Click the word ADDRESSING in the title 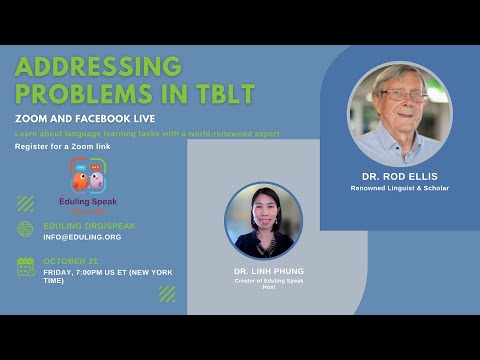pyautogui.click(x=99, y=67)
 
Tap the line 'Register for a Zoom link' pyautogui.click(x=64, y=147)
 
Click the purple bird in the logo pyautogui.click(x=97, y=181)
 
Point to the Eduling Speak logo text pyautogui.click(x=88, y=201)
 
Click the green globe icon pyautogui.click(x=25, y=229)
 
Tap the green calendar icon pyautogui.click(x=25, y=265)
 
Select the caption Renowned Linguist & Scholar pyautogui.click(x=400, y=188)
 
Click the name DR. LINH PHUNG pyautogui.click(x=263, y=272)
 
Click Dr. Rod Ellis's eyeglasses pyautogui.click(x=399, y=96)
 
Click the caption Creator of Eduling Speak pyautogui.click(x=263, y=282)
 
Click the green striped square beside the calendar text pyautogui.click(x=167, y=293)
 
